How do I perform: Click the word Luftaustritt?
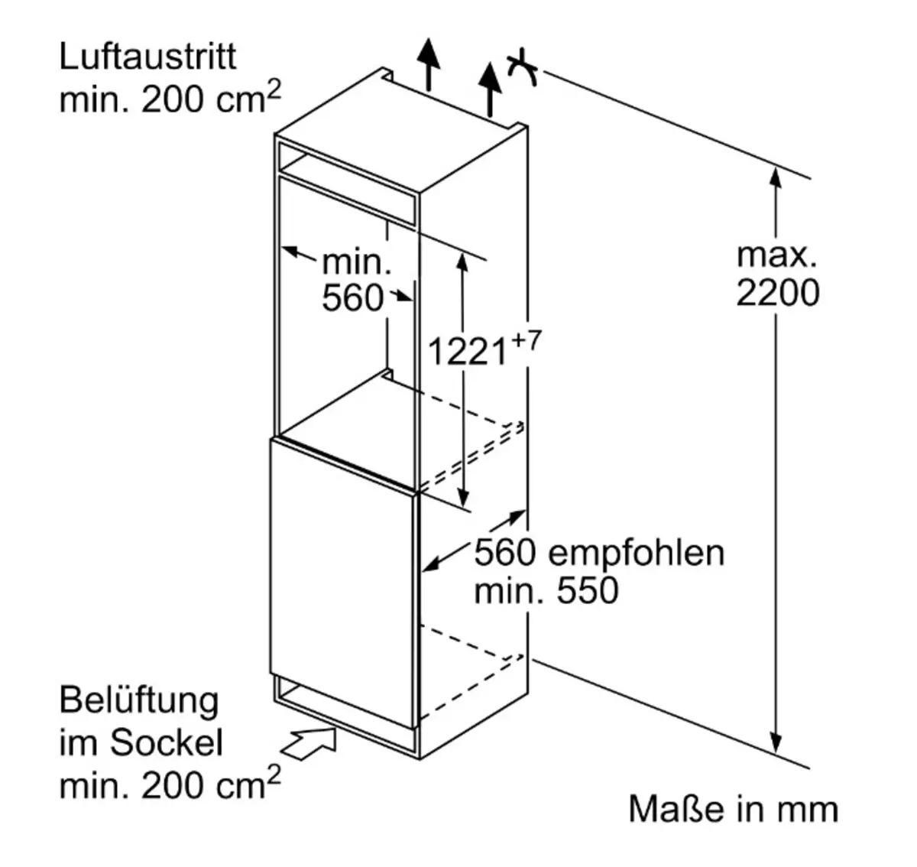tap(147, 57)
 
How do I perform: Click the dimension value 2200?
tap(778, 293)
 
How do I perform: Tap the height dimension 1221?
tap(468, 352)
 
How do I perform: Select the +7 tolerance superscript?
tap(527, 341)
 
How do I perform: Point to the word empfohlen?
tap(637, 554)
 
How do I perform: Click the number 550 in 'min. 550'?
tap(588, 590)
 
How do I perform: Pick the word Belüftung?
tap(139, 702)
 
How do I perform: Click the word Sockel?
tap(167, 742)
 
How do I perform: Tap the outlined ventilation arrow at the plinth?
tap(309, 742)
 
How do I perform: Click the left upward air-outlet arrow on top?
tap(429, 64)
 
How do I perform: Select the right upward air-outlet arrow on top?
tap(489, 89)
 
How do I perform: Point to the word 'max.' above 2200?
tap(776, 255)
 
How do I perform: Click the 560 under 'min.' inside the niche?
tap(353, 298)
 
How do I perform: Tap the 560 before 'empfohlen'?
tap(505, 554)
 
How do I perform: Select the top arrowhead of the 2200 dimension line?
tap(776, 178)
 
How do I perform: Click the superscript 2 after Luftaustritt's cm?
tap(274, 89)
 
